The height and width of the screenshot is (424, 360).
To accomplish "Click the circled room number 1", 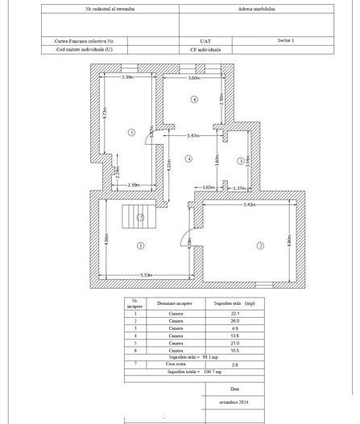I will [x=140, y=245].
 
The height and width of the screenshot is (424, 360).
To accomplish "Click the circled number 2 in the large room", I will [x=260, y=245].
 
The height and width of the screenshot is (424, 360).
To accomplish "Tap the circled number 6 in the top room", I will [x=194, y=99].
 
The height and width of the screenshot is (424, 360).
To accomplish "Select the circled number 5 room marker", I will [x=130, y=131].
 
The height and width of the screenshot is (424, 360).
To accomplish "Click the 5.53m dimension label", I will [x=147, y=275].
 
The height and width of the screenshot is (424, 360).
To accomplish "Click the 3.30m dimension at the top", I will [x=127, y=77].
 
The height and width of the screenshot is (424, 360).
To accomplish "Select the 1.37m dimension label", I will [x=238, y=188].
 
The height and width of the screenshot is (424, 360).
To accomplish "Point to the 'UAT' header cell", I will [x=205, y=39].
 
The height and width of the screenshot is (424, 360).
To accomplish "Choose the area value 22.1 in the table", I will [x=236, y=314].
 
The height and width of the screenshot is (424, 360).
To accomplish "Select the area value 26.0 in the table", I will [x=236, y=321].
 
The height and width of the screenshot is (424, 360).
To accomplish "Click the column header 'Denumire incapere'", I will [x=176, y=303].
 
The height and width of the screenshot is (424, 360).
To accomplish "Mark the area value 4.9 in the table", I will [x=236, y=328].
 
